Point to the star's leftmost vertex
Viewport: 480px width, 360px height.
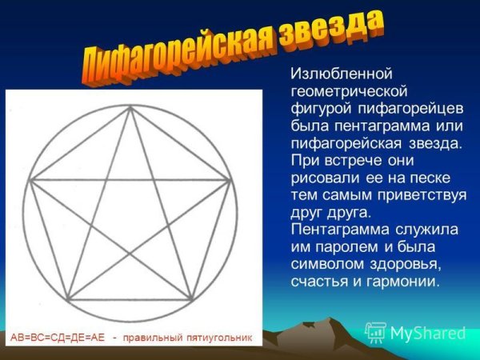point(28,180)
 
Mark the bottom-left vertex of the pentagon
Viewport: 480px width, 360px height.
point(66,299)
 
